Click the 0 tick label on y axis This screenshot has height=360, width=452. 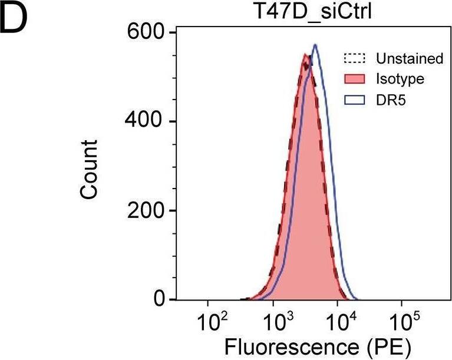pyautogui.click(x=158, y=300)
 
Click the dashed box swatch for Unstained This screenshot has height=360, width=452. pyautogui.click(x=355, y=59)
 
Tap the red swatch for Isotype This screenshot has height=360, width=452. pyautogui.click(x=355, y=79)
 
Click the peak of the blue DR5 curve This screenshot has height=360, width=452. pyautogui.click(x=316, y=45)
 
